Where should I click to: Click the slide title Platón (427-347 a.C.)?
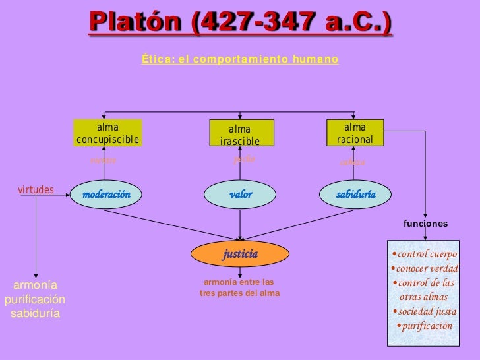(240, 23)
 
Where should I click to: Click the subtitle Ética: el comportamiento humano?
(240, 60)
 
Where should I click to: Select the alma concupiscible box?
(108, 133)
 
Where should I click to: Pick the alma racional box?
(355, 133)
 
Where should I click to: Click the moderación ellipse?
(107, 194)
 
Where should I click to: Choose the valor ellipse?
(240, 194)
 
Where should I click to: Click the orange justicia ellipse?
(240, 253)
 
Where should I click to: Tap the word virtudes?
(36, 190)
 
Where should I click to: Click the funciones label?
(425, 224)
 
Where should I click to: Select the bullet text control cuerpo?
(425, 255)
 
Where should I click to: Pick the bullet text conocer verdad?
(425, 269)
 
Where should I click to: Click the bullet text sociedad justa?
(425, 311)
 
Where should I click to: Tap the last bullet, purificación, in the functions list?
(425, 326)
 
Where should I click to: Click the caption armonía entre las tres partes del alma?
(240, 287)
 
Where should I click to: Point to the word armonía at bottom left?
(36, 285)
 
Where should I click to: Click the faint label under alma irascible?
(244, 159)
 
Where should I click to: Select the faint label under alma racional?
(353, 162)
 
